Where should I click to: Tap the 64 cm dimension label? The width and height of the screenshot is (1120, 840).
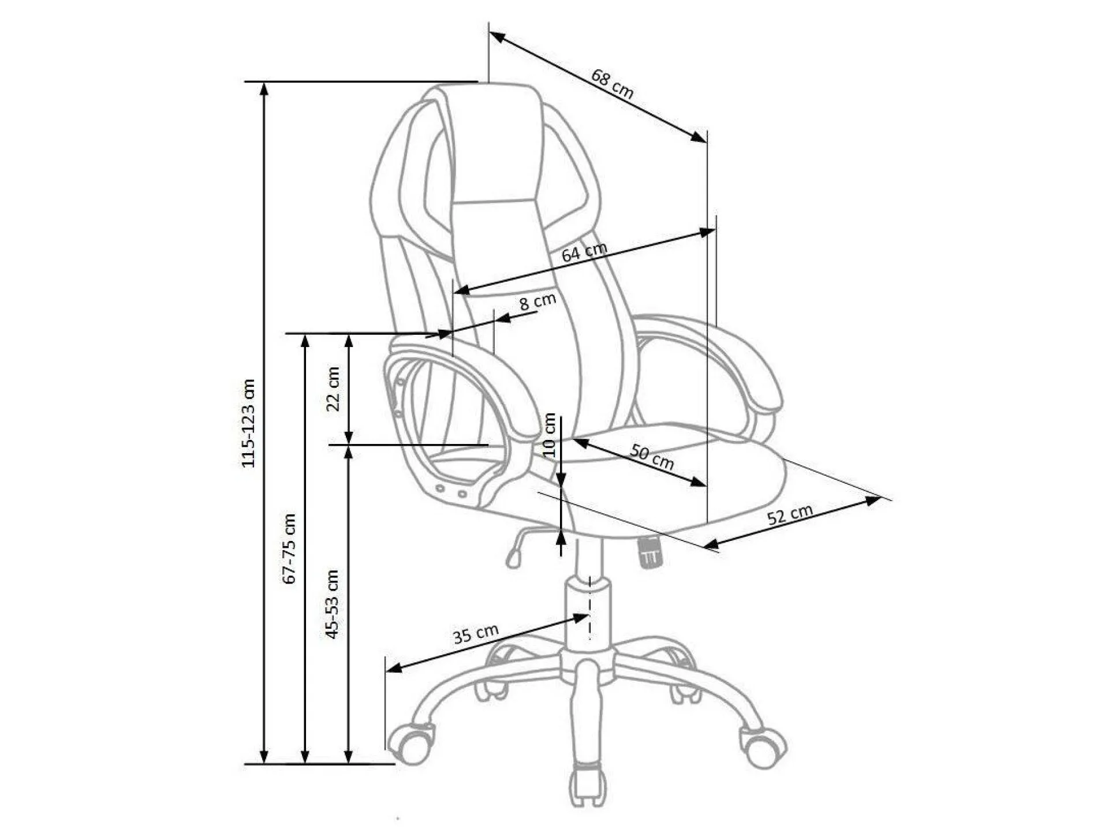[584, 252]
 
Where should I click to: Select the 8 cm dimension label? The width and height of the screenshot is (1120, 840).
[537, 301]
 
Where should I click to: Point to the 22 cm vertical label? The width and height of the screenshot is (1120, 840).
[333, 389]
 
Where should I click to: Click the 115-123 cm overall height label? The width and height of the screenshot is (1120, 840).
[248, 423]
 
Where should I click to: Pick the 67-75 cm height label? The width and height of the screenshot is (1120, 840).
[290, 548]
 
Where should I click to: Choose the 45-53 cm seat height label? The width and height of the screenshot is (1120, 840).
[332, 604]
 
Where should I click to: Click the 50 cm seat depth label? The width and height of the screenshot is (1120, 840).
[652, 456]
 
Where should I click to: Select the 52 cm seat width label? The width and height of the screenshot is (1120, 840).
[790, 514]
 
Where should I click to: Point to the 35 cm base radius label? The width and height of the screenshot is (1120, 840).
[475, 634]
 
